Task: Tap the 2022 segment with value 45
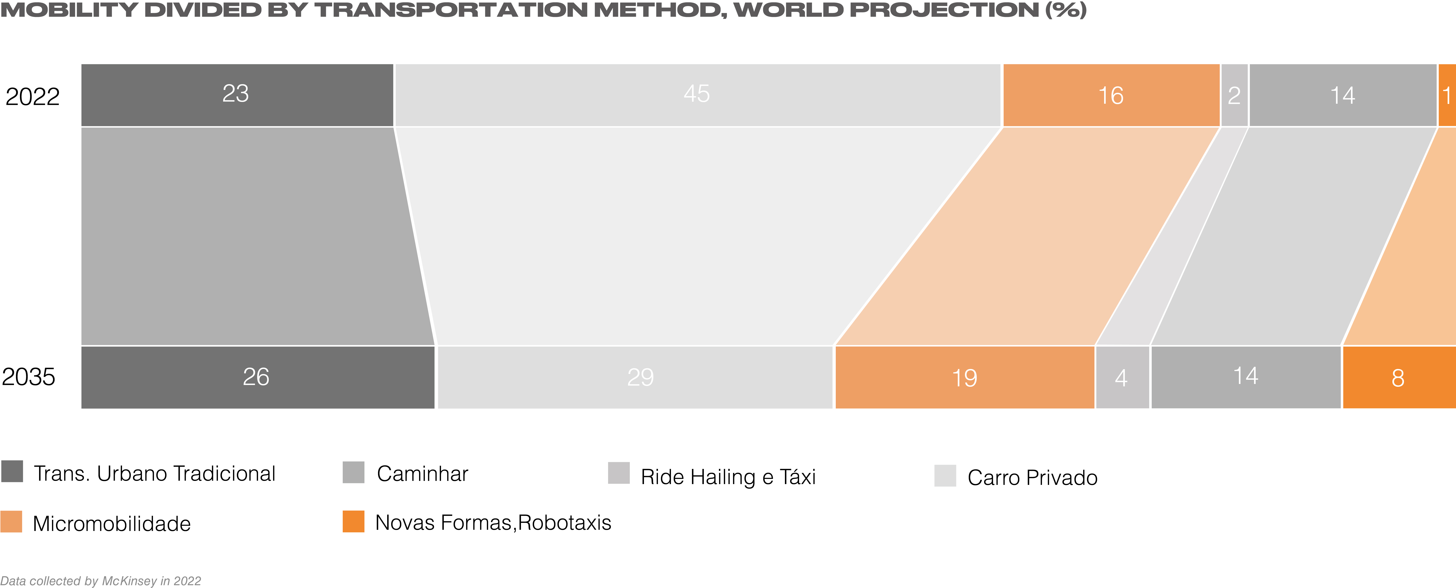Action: (697, 95)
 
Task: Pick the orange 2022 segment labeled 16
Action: (1111, 95)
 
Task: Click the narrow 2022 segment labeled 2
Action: (1234, 95)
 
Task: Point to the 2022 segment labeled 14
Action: (1342, 95)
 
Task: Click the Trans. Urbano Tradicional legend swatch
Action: (12, 472)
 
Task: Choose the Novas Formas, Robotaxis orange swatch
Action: (353, 521)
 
